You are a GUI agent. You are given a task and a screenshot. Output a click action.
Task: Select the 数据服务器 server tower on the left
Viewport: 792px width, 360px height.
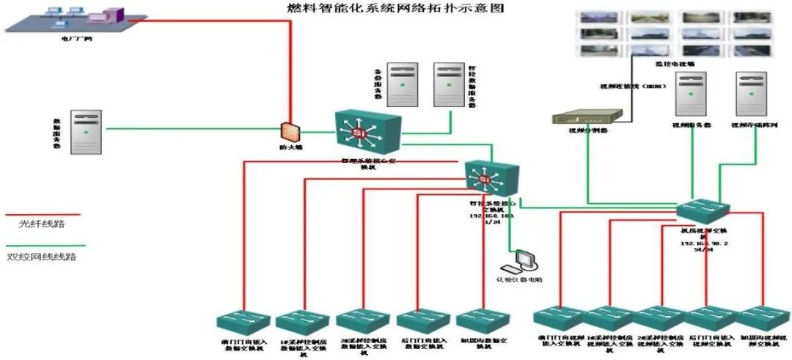87,132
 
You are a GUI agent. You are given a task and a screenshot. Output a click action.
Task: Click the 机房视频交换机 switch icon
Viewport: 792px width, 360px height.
703,211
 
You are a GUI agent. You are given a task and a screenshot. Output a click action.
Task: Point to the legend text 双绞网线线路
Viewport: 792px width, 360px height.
43,257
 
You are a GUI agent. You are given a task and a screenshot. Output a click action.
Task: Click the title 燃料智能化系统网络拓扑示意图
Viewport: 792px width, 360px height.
395,9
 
